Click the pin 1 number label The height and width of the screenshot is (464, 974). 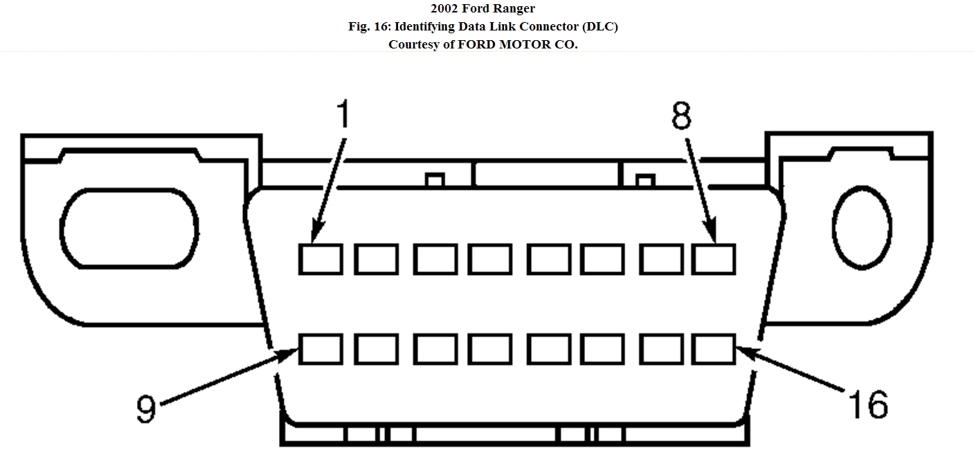tap(342, 115)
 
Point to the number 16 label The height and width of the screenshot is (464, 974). tap(867, 404)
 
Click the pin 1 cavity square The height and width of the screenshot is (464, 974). tap(321, 259)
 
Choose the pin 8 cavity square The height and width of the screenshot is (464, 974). tap(714, 259)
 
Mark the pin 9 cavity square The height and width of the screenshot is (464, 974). tap(321, 348)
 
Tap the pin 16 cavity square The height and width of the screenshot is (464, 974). tap(714, 348)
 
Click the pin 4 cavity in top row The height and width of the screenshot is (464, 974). tap(489, 259)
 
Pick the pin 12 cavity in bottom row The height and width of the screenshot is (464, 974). tap(489, 348)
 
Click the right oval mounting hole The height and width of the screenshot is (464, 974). tap(862, 228)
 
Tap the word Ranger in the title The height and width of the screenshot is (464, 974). tap(514, 9)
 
